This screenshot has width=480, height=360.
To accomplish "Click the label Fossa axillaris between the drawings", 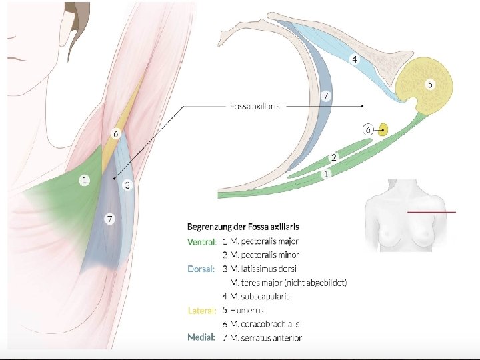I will coord(255,105).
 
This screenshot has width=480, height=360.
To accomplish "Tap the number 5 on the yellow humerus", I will coord(430,84).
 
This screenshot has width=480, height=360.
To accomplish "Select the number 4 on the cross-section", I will coord(354,59).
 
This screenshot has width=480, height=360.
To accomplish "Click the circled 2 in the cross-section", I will coord(334,157).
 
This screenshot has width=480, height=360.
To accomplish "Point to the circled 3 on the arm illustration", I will coord(127,185).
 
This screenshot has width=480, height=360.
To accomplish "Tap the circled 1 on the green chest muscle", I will coord(84,180).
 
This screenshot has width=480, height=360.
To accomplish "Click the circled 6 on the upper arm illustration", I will coord(115,134).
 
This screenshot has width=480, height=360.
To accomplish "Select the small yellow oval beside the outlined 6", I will coord(383,129).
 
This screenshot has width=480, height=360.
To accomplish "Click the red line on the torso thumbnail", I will coord(431,212).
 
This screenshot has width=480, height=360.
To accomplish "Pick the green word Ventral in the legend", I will coord(201,241).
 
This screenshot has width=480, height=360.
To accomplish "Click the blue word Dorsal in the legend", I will coord(201,269).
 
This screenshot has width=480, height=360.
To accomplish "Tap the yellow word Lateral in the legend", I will coord(201,311).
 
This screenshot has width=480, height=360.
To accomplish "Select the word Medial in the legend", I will coord(201,338).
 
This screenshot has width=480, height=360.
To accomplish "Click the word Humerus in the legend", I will coord(247,311).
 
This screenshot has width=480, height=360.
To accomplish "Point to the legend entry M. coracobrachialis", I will coord(265,325).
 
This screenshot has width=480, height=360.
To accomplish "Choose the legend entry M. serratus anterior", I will coord(266,338).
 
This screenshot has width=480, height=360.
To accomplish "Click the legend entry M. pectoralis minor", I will coord(265,255).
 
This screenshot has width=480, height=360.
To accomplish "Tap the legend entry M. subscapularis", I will coord(260,297).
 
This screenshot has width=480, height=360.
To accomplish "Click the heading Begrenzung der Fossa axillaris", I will coord(243,227).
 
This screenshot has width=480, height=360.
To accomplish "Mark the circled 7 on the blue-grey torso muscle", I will coord(110,219).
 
